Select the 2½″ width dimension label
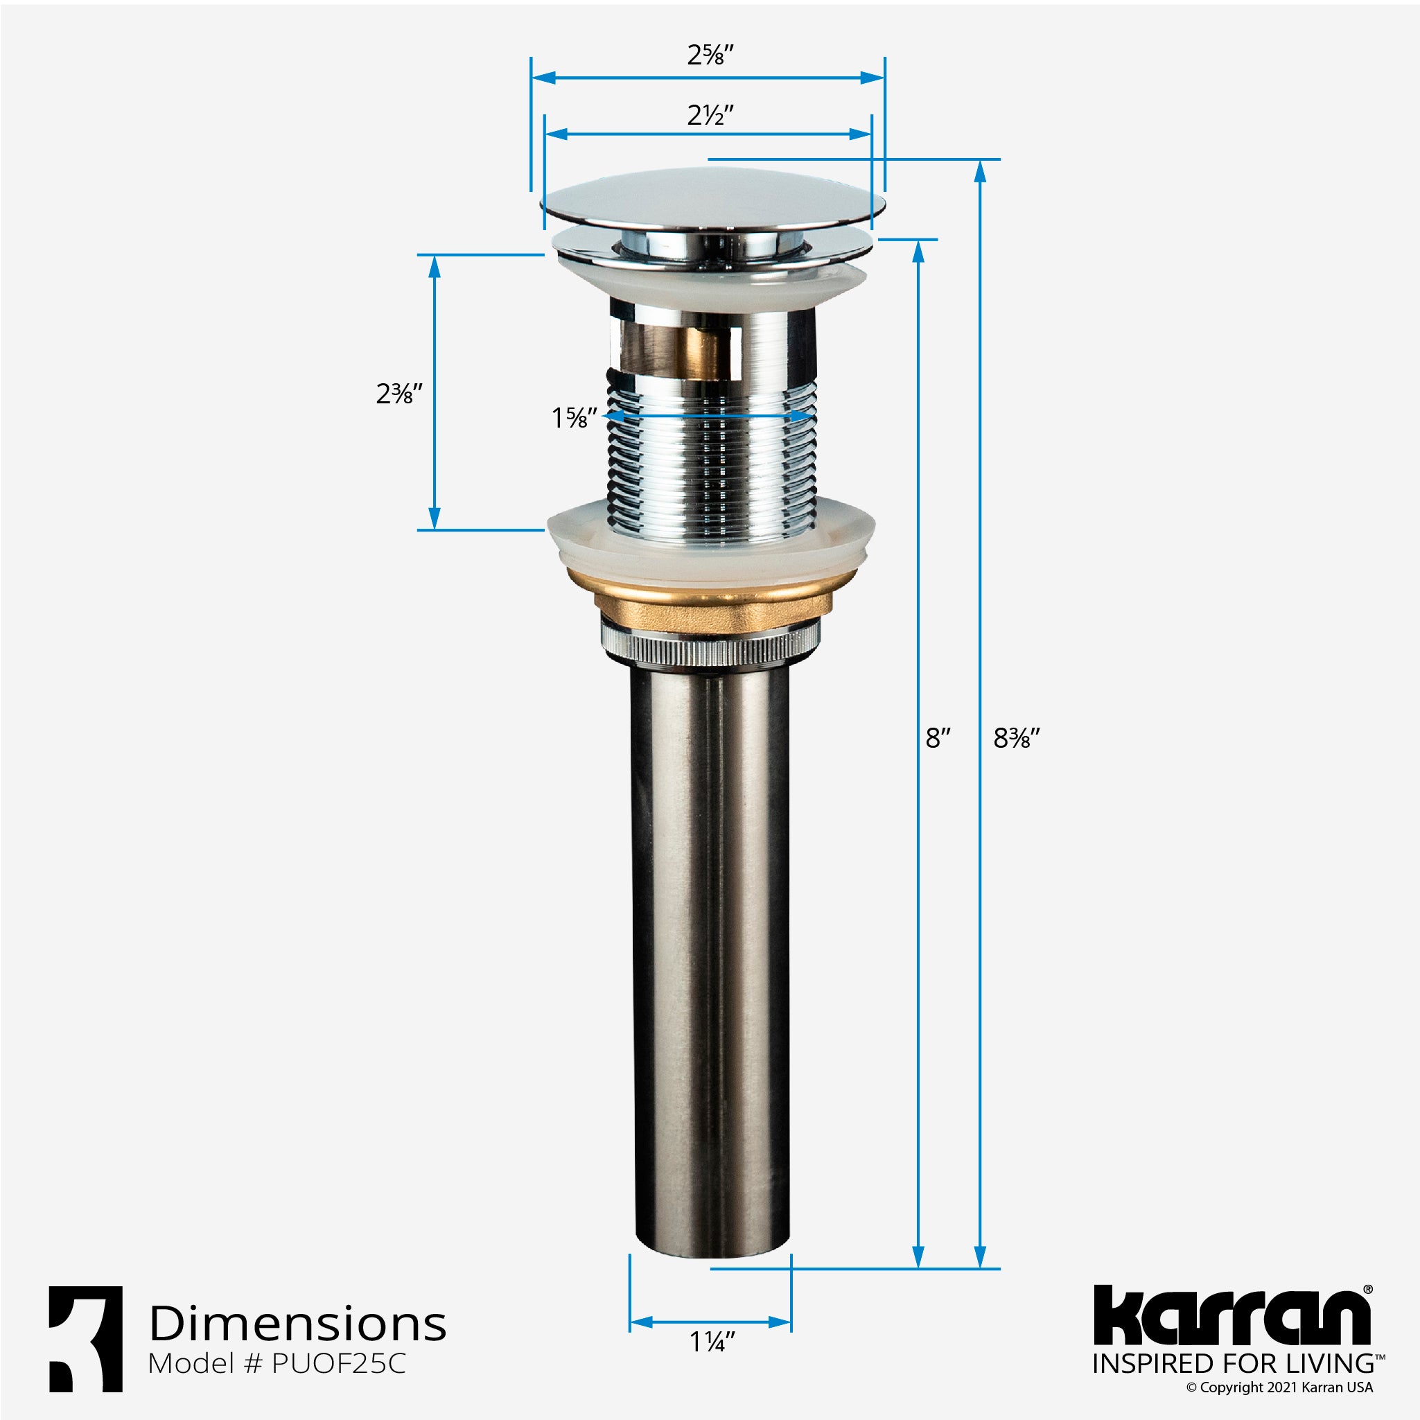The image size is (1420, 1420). coord(710,116)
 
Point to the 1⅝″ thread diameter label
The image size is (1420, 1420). coord(574,418)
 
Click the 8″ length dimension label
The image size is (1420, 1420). coord(938,738)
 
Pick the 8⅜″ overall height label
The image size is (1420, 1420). coord(1017,738)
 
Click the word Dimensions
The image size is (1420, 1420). coord(298,1324)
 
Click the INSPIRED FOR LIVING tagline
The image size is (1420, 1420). coord(1234,1364)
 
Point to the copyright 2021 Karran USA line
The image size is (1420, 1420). coord(1279,1387)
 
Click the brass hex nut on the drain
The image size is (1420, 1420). coord(712,608)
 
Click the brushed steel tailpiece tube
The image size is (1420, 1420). coord(712,956)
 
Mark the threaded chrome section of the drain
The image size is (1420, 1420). coord(712,463)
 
